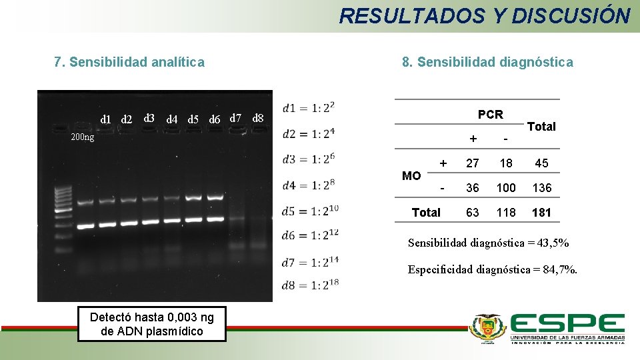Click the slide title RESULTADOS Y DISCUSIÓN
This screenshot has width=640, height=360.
coord(484,15)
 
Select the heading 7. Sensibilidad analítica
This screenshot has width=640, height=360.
coord(129,63)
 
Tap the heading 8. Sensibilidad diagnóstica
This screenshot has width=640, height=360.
coord(487,63)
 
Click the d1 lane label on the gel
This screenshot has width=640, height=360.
coord(105,119)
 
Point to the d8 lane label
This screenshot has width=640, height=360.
coord(259,119)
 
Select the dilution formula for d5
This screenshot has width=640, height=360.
coord(311,211)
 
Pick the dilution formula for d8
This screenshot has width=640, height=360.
coord(311,285)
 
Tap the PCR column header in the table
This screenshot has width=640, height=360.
coord(490,115)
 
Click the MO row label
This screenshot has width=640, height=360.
coord(411,176)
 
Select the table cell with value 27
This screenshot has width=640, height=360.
coord(473,163)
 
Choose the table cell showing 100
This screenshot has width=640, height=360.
coord(506,188)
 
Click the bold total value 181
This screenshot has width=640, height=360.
coord(541,213)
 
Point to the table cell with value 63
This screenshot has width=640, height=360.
coord(473,213)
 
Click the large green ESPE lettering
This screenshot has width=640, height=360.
coord(567,325)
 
